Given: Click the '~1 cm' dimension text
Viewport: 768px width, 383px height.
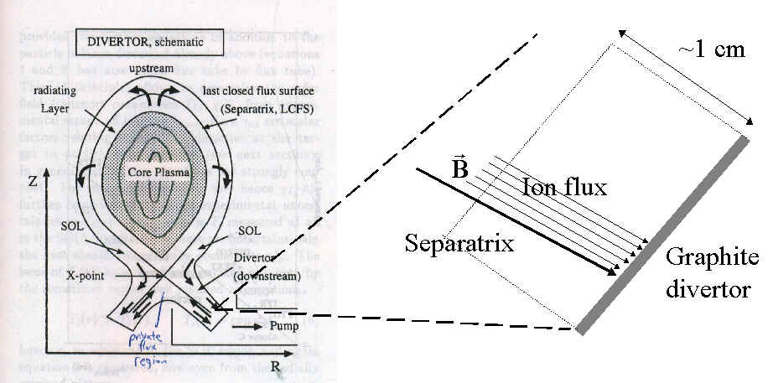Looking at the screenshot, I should point(710,49).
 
